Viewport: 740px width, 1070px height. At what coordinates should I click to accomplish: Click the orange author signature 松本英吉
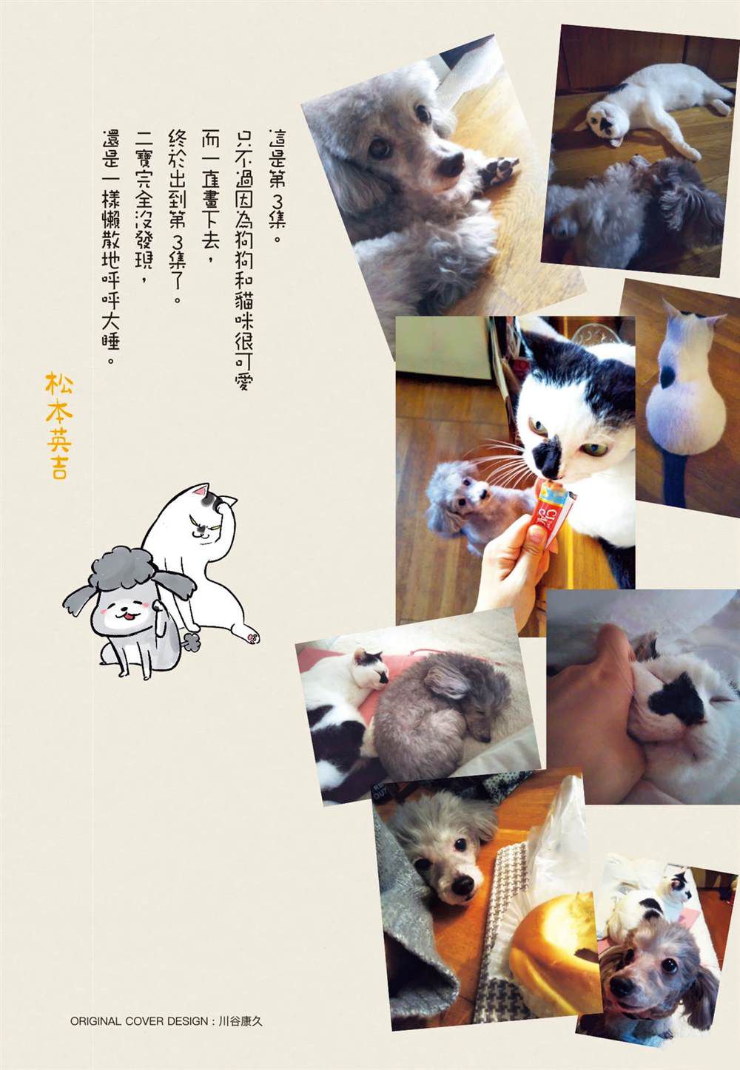tap(58, 425)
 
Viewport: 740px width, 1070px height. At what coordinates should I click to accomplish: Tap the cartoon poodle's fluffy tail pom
tap(190, 642)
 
